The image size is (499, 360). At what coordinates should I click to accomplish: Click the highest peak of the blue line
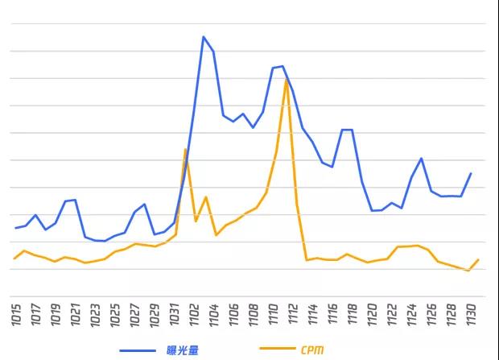pyautogui.click(x=204, y=36)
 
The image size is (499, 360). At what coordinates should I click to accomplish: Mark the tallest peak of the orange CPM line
pyautogui.click(x=287, y=79)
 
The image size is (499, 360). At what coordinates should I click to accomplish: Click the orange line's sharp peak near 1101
pyautogui.click(x=185, y=149)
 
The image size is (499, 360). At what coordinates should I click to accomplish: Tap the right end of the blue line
pyautogui.click(x=471, y=173)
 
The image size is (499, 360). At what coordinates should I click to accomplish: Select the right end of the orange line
pyautogui.click(x=479, y=259)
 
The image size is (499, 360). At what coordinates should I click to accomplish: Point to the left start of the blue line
pyautogui.click(x=15, y=228)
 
